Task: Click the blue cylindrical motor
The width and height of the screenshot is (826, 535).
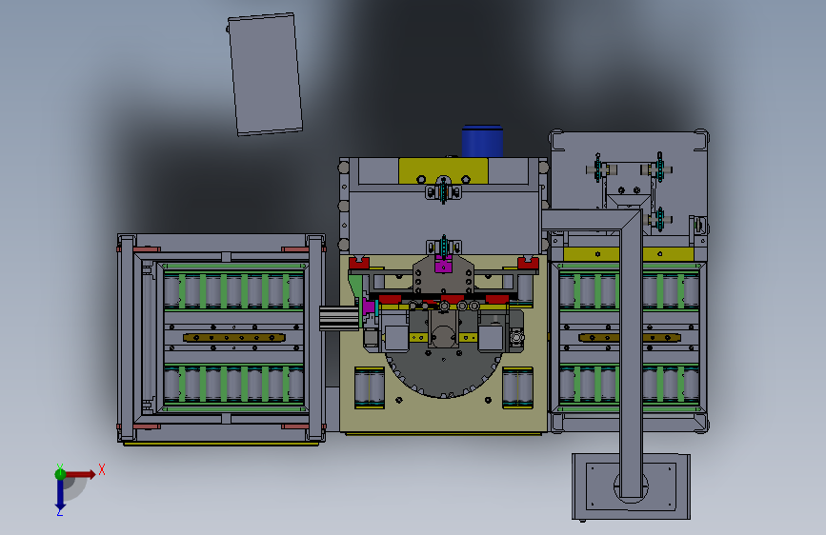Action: click(x=482, y=141)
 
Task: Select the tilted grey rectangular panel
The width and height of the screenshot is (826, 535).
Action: click(x=265, y=74)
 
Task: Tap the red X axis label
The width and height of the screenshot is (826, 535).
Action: click(x=102, y=469)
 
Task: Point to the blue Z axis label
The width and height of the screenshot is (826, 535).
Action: click(x=59, y=512)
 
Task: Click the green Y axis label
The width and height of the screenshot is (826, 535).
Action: click(x=60, y=467)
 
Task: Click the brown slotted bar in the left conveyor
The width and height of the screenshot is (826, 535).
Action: click(x=234, y=338)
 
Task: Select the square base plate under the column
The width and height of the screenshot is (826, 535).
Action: click(x=631, y=486)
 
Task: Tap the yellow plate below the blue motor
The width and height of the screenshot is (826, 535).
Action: click(x=443, y=170)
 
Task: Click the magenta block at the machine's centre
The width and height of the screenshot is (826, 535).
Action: click(x=444, y=264)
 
